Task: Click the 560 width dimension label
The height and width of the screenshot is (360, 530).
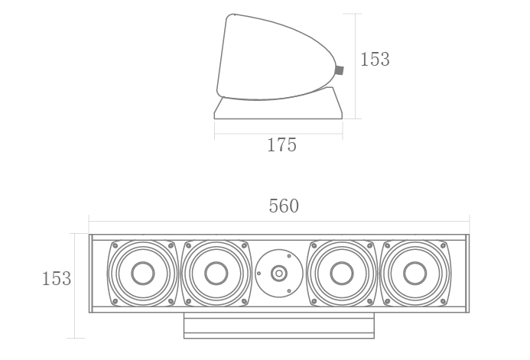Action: (284, 206)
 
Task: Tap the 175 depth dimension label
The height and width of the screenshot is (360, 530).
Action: (281, 145)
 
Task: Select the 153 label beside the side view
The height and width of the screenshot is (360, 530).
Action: (375, 59)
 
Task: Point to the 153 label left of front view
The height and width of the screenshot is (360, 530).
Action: (57, 279)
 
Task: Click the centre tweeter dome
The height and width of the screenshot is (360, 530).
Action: (279, 273)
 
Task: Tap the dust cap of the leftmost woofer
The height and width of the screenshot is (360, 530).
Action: (143, 273)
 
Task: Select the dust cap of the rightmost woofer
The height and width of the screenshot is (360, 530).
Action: (415, 273)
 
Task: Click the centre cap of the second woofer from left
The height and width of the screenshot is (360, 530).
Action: (216, 273)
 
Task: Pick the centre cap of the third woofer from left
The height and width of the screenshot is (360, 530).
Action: (342, 273)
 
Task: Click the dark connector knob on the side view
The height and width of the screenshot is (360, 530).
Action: (339, 70)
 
